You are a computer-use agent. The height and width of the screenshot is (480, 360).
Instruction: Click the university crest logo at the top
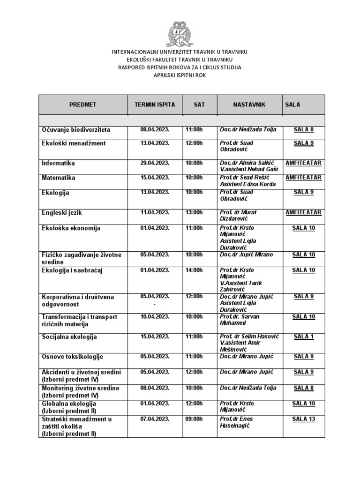pyautogui.click(x=180, y=33)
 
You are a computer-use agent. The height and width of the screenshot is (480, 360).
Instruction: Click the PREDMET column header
pyautogui.click(x=82, y=105)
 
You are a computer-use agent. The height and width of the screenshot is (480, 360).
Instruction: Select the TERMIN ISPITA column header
pyautogui.click(x=155, y=105)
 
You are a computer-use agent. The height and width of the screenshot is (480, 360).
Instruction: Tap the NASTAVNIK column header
pyautogui.click(x=249, y=105)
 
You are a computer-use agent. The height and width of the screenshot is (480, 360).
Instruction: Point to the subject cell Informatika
pyautogui.click(x=58, y=164)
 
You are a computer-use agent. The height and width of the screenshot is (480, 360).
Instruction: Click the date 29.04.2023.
pyautogui.click(x=155, y=163)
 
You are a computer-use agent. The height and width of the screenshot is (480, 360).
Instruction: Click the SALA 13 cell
pyautogui.click(x=304, y=419)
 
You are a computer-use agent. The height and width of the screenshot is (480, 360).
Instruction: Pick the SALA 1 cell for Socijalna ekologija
pyautogui.click(x=304, y=337)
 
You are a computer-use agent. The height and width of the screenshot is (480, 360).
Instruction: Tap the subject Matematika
pyautogui.click(x=59, y=178)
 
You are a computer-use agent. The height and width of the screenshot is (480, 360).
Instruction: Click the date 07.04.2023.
pyautogui.click(x=155, y=419)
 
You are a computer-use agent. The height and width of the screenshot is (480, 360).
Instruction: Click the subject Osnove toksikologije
pyautogui.click(x=72, y=357)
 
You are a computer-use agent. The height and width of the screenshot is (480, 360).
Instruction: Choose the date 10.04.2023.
pyautogui.click(x=155, y=317)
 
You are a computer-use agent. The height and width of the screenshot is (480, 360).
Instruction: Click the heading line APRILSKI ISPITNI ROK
pyautogui.click(x=180, y=75)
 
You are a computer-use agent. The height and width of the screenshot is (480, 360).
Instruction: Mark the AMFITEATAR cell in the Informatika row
pyautogui.click(x=304, y=163)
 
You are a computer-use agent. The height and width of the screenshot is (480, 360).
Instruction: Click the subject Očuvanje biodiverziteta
pyautogui.click(x=76, y=130)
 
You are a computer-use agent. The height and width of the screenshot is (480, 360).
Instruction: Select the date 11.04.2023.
pyautogui.click(x=155, y=212)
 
